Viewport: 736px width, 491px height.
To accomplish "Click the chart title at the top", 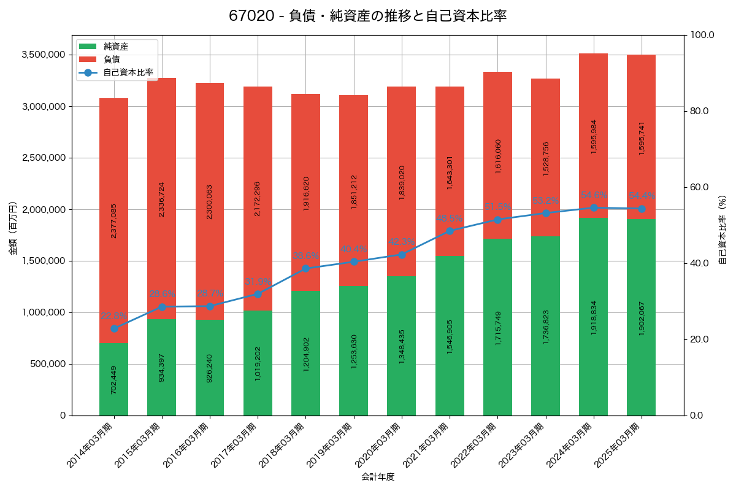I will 368,17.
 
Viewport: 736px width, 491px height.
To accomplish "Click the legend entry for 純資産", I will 115,46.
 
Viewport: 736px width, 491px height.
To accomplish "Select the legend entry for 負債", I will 111,60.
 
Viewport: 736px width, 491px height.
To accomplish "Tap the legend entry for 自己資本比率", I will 128,72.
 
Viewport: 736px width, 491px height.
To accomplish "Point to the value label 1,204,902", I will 306,354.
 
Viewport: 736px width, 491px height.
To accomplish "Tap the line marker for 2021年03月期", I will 450,231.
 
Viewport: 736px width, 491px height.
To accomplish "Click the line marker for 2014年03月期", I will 113,328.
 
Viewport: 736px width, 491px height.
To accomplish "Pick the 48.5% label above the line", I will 450,218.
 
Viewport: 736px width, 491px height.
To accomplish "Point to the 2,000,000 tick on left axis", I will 44,209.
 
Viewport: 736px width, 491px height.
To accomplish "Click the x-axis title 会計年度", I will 378,476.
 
